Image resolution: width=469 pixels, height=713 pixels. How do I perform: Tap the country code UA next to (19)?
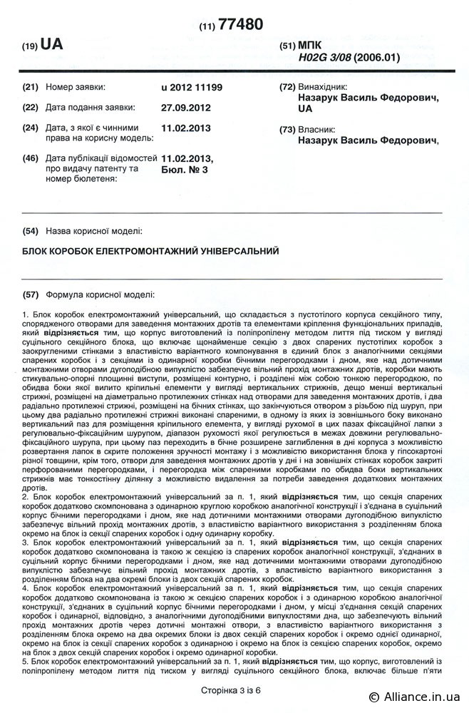(52, 44)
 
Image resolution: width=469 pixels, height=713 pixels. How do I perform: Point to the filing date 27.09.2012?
(187, 108)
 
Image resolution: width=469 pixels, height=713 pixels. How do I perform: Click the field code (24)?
(30, 128)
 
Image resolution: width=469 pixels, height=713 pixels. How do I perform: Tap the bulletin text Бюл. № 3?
(184, 170)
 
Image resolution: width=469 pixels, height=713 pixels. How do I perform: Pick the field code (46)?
(30, 158)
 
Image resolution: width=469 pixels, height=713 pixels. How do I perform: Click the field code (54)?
(30, 232)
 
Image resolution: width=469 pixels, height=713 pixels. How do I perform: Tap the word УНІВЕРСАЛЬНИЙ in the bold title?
(237, 251)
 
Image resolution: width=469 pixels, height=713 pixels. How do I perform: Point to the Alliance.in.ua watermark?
(418, 697)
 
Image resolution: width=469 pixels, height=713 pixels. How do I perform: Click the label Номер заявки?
(75, 87)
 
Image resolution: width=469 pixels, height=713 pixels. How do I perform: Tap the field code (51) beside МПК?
(288, 45)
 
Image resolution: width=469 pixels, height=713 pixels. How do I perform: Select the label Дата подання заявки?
(90, 108)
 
